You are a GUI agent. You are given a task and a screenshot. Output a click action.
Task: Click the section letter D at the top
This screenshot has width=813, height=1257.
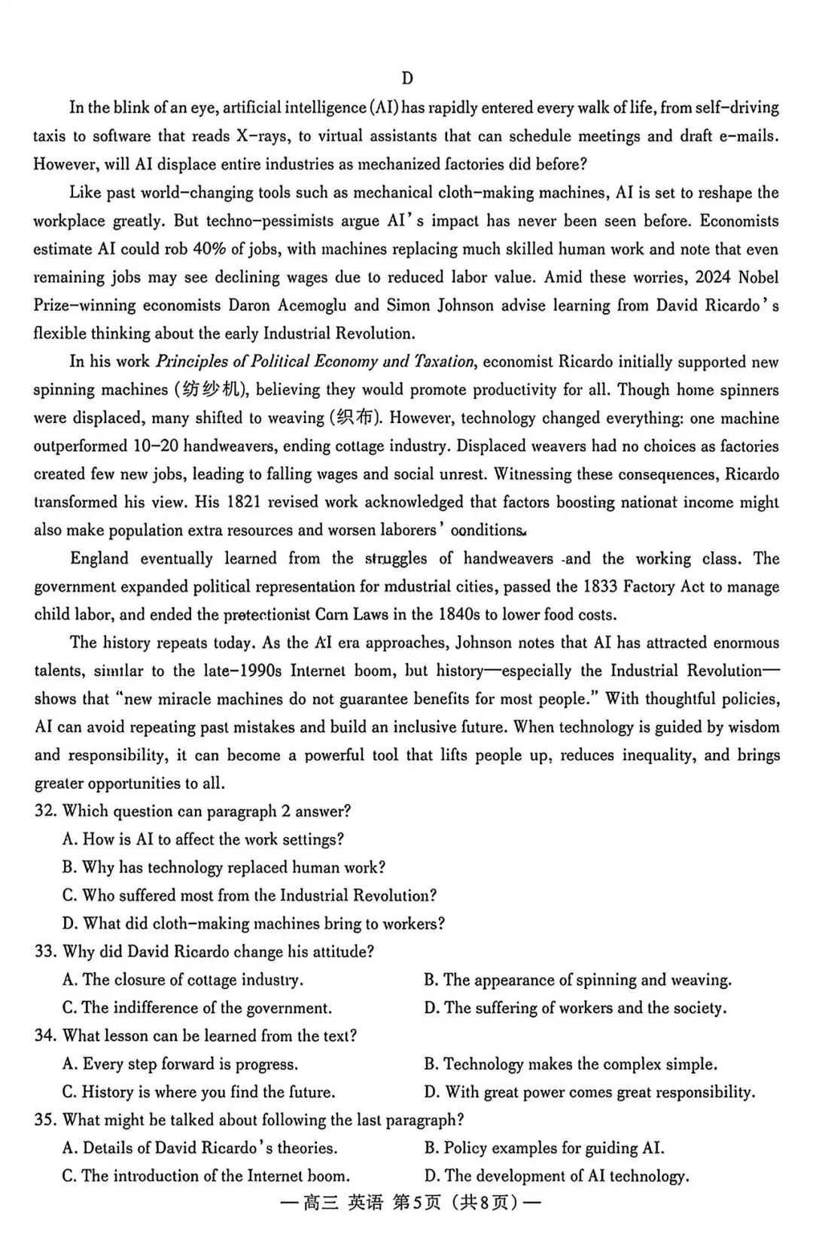(x=407, y=79)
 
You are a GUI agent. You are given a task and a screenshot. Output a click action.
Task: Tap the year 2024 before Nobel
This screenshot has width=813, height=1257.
(x=714, y=277)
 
